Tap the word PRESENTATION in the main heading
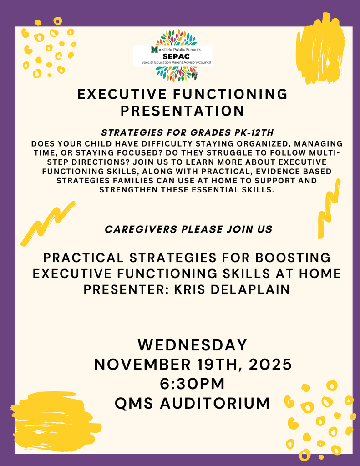tap(182, 111)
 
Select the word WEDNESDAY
tap(193, 344)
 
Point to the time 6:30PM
tap(193, 384)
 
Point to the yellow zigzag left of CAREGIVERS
tap(47, 223)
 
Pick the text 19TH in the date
tap(219, 365)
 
